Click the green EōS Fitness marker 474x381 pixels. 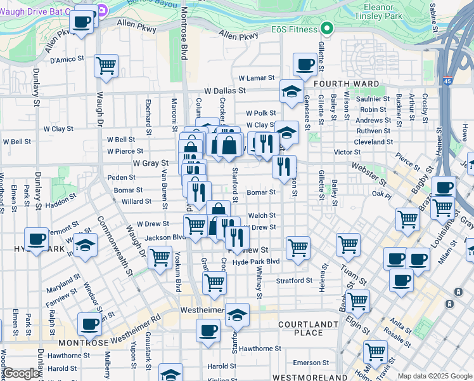tap(327, 28)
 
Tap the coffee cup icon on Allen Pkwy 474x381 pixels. tap(81, 22)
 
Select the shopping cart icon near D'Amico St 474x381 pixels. tap(106, 65)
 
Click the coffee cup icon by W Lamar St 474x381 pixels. tap(305, 64)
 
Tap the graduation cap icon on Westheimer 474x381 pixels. tap(237, 315)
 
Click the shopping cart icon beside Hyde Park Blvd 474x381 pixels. tap(297, 247)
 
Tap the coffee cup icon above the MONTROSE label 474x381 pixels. tap(89, 324)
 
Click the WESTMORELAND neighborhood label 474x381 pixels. tap(304, 377)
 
